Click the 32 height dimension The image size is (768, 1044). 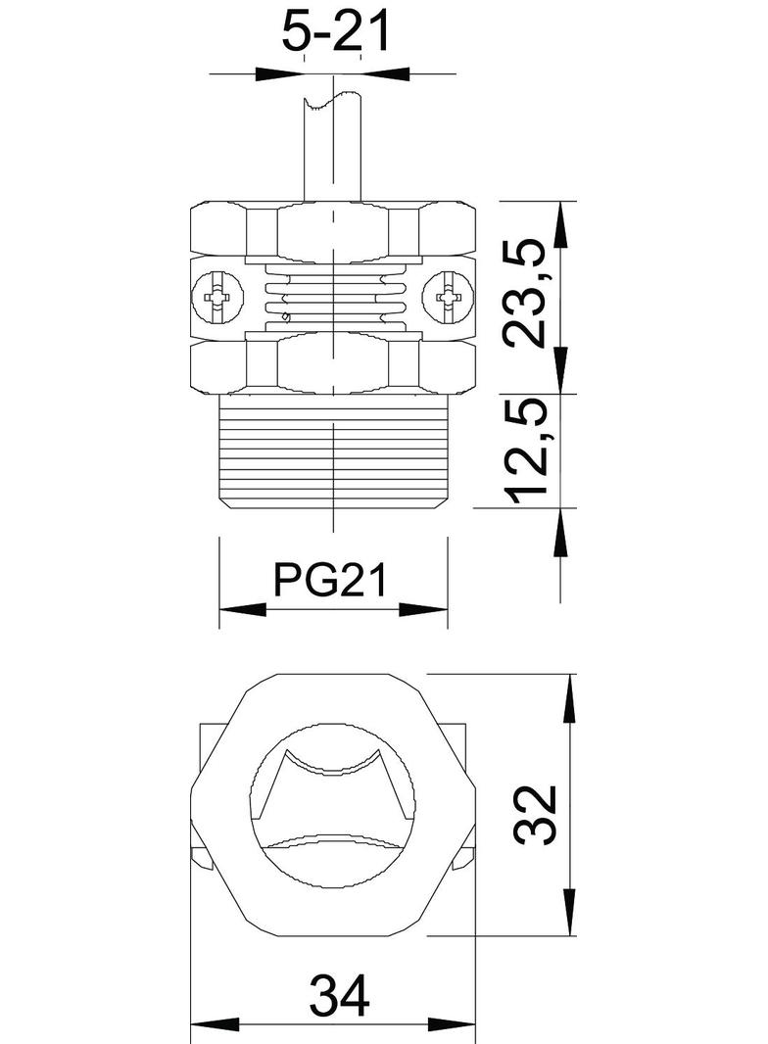coord(536,814)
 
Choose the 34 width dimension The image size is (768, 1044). coord(339,996)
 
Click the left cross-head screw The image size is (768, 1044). coord(217,297)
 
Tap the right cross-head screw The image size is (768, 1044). coord(449,297)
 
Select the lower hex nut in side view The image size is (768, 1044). coord(333,365)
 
